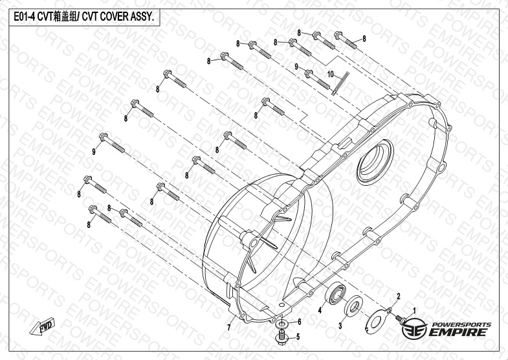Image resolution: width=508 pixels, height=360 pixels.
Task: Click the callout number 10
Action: click(x=330, y=74)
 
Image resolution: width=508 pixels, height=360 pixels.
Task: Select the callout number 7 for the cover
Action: click(x=229, y=328)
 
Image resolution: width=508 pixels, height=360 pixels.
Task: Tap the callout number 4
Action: click(x=320, y=310)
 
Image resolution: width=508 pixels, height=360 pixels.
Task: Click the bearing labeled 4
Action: click(x=335, y=293)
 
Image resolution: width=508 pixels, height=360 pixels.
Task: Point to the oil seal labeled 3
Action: click(x=353, y=306)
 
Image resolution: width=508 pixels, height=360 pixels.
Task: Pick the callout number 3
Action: click(x=340, y=326)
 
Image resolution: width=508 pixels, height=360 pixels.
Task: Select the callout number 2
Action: click(x=399, y=296)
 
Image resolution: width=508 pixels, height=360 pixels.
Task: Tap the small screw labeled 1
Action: click(x=401, y=319)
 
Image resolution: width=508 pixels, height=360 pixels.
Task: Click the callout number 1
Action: click(x=414, y=311)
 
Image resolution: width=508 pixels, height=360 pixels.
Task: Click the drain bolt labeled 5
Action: click(x=282, y=337)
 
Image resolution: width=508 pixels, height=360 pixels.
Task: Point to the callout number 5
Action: click(x=298, y=337)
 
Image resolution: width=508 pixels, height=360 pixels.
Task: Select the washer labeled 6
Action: click(x=282, y=324)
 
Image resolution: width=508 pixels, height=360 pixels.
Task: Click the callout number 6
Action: click(x=300, y=322)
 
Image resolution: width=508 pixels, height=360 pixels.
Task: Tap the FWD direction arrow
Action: click(x=43, y=326)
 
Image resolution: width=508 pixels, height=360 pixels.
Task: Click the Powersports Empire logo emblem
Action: click(x=414, y=328)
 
